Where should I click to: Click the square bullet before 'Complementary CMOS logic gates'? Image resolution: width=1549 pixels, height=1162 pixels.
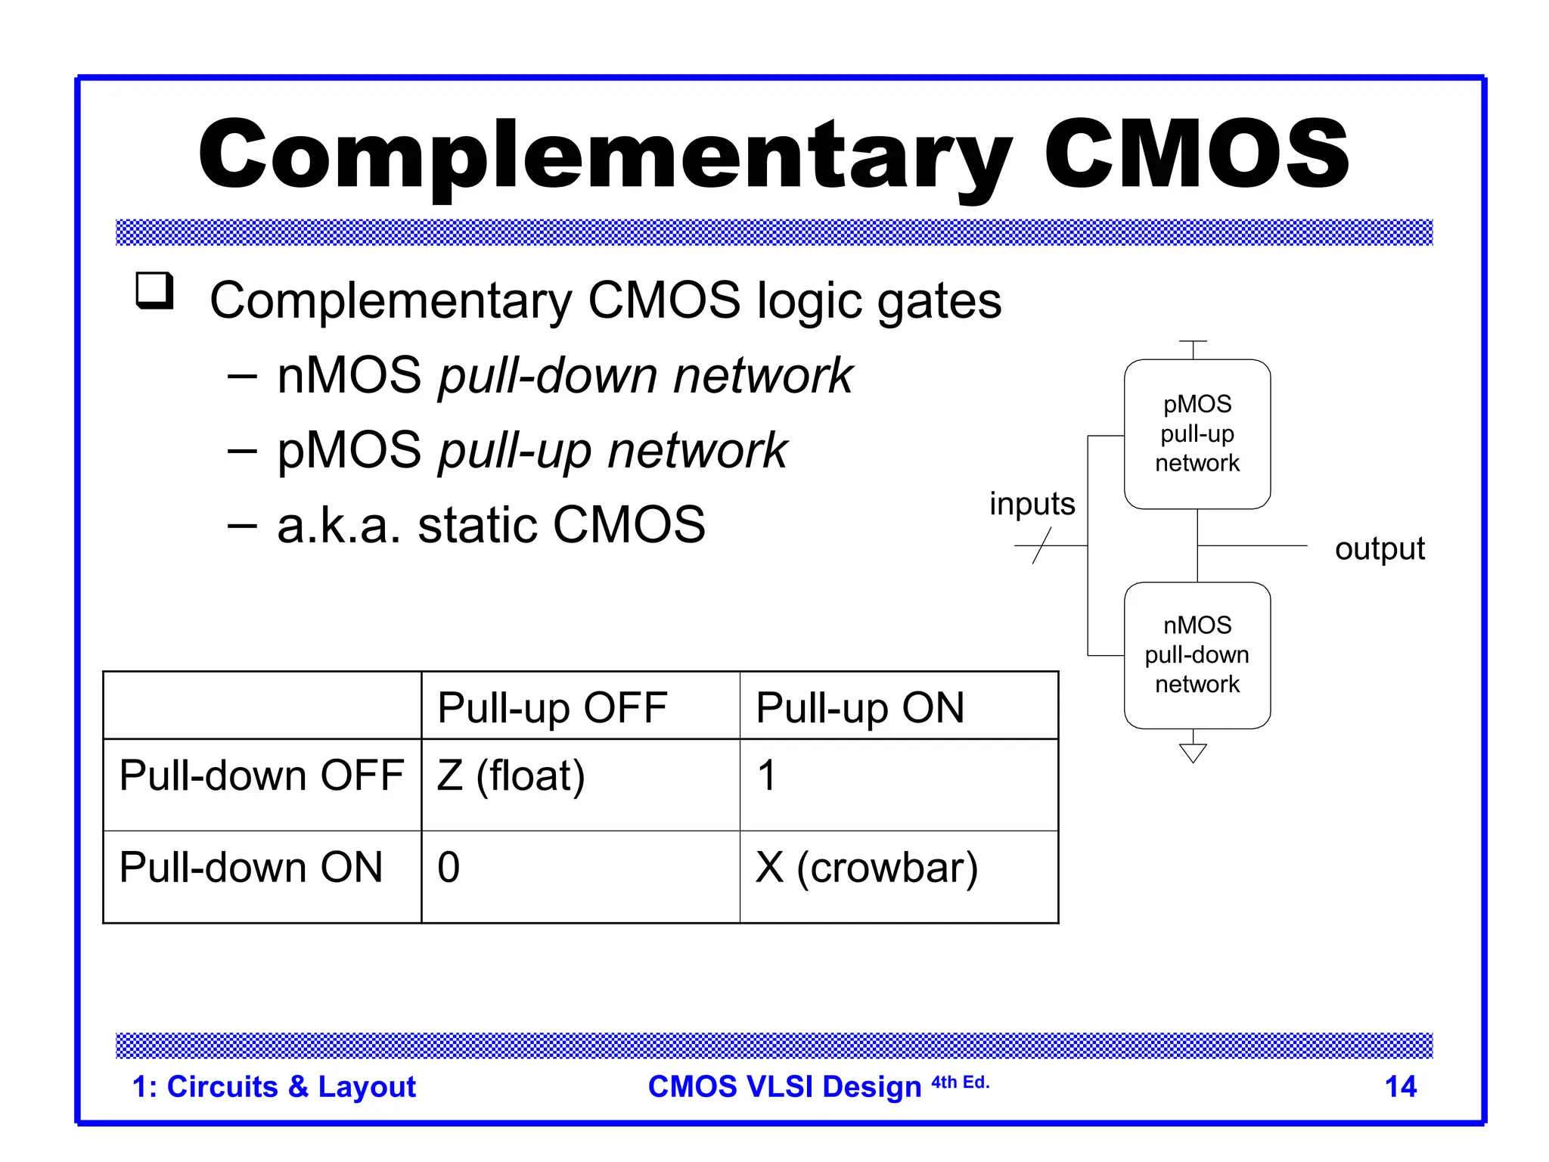click(x=154, y=290)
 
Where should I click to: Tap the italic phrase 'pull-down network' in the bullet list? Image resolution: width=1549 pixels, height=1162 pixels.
click(x=645, y=375)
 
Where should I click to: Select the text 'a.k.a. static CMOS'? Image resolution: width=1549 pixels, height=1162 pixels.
click(x=491, y=525)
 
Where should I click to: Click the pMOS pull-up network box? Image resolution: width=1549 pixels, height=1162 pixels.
click(x=1197, y=433)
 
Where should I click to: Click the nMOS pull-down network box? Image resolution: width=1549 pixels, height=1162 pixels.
click(x=1197, y=654)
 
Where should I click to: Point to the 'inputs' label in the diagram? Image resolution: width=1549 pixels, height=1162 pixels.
click(x=1032, y=504)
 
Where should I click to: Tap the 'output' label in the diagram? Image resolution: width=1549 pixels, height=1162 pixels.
click(x=1379, y=548)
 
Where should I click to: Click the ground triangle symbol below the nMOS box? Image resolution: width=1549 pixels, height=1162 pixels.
click(x=1193, y=753)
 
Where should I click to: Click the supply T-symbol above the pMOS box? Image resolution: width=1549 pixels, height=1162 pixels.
click(x=1193, y=343)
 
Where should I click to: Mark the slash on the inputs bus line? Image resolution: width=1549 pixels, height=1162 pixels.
click(x=1041, y=545)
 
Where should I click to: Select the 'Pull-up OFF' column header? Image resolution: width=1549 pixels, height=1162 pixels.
click(x=552, y=708)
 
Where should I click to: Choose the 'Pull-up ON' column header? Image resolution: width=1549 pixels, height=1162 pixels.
click(x=860, y=708)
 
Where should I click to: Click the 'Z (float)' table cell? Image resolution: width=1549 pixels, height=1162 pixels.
click(x=511, y=776)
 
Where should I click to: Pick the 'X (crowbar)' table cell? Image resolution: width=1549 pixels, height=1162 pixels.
click(x=867, y=868)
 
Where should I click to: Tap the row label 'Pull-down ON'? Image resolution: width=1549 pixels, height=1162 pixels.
click(x=251, y=868)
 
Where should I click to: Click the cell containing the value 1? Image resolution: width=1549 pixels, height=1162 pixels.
click(x=766, y=776)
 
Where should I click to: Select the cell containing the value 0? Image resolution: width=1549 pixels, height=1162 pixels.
click(x=449, y=868)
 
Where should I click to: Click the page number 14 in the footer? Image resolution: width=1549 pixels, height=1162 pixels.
click(x=1400, y=1086)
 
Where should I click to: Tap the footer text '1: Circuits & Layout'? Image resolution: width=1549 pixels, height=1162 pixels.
click(x=274, y=1086)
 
